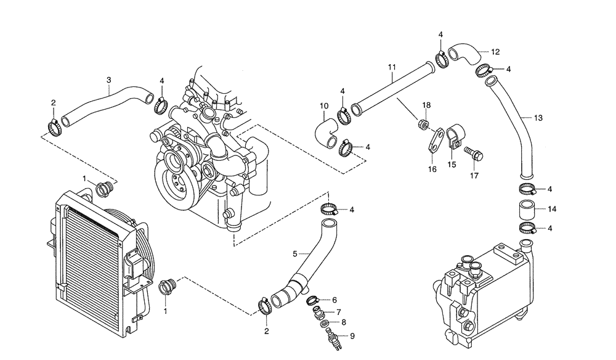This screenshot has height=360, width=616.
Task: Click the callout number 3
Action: pos(108,80)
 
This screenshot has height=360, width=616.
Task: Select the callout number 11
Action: pos(391,66)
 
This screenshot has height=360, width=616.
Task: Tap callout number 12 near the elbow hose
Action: pos(495,51)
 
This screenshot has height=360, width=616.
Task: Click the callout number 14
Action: pos(552,210)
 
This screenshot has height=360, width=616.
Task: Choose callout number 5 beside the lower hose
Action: pos(295,253)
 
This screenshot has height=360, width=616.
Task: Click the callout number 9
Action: pos(352,336)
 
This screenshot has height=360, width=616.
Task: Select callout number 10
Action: pos(324,105)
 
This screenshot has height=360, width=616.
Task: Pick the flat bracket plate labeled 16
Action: pos(436,139)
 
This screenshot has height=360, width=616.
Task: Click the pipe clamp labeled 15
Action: pos(455,134)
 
